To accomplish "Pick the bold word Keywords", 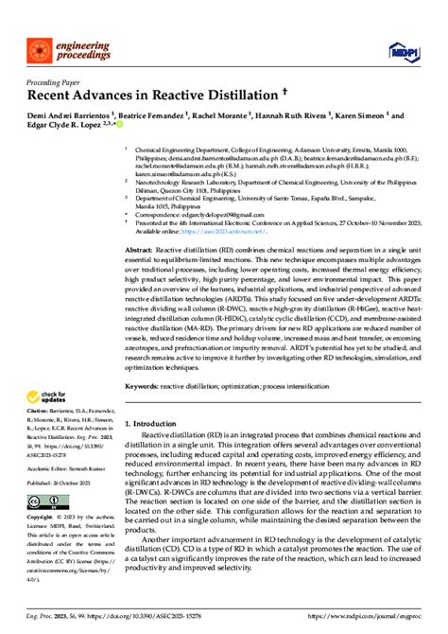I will click(x=146, y=387).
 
